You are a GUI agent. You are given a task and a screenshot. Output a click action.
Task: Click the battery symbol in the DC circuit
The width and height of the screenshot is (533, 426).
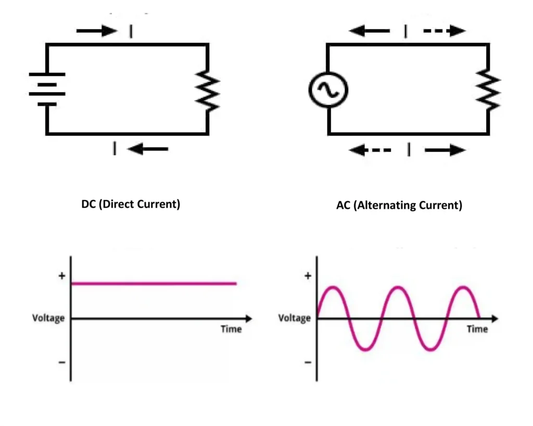(47, 89)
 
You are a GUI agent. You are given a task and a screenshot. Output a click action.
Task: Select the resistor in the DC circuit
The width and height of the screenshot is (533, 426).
(208, 92)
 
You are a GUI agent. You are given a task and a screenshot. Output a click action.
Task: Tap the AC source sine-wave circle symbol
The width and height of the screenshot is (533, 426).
(328, 90)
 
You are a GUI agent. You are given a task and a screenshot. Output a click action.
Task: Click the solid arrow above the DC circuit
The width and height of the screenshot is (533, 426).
(97, 31)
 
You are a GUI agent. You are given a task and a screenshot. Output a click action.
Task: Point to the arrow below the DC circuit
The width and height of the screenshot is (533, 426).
(148, 149)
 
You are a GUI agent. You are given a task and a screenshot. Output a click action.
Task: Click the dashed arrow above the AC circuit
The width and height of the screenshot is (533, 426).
(444, 31)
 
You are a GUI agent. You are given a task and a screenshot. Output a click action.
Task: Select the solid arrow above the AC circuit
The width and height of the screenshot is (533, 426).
(369, 31)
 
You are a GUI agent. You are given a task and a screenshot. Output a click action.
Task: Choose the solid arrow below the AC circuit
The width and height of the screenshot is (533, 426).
(445, 151)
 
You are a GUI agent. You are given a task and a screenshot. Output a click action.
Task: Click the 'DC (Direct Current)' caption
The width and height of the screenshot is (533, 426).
(131, 204)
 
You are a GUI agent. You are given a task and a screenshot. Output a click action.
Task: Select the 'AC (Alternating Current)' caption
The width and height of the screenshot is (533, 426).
(399, 205)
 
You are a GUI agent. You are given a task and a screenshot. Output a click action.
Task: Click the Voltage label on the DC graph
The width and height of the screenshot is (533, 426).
(48, 318)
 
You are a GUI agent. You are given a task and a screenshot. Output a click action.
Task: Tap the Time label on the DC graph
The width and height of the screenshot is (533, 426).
(231, 329)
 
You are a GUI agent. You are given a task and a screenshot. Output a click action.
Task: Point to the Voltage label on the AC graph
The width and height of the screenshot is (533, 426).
(294, 318)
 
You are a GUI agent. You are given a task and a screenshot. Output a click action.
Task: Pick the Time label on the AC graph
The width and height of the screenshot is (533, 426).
(477, 329)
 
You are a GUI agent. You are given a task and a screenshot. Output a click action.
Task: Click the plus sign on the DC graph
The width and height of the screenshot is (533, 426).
(62, 276)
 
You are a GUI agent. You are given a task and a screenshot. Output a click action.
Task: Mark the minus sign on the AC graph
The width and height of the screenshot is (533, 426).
(308, 362)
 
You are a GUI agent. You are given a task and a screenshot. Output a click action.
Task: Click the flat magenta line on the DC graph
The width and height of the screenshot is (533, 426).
(154, 283)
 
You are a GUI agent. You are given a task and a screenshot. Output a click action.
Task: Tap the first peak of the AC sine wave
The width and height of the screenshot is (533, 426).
(334, 287)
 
